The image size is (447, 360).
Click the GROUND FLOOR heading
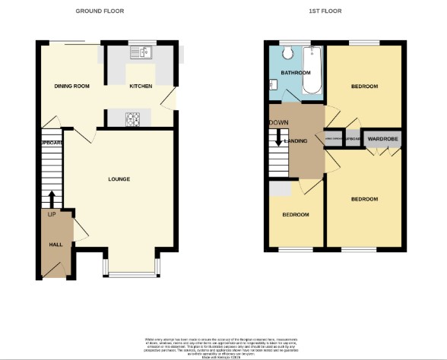click(x=100, y=11)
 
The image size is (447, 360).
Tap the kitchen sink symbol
click(x=141, y=52)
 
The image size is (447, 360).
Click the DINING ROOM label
click(x=71, y=87)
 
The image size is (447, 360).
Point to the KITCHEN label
click(x=141, y=87)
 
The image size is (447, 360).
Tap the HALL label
click(x=55, y=245)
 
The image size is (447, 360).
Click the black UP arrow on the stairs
click(x=52, y=199)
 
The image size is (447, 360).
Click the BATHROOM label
click(x=296, y=73)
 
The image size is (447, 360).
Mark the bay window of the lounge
click(x=132, y=271)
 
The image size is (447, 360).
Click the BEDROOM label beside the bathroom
click(x=363, y=87)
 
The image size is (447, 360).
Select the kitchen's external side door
click(x=175, y=99)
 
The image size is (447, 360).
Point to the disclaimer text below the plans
click(x=223, y=345)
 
